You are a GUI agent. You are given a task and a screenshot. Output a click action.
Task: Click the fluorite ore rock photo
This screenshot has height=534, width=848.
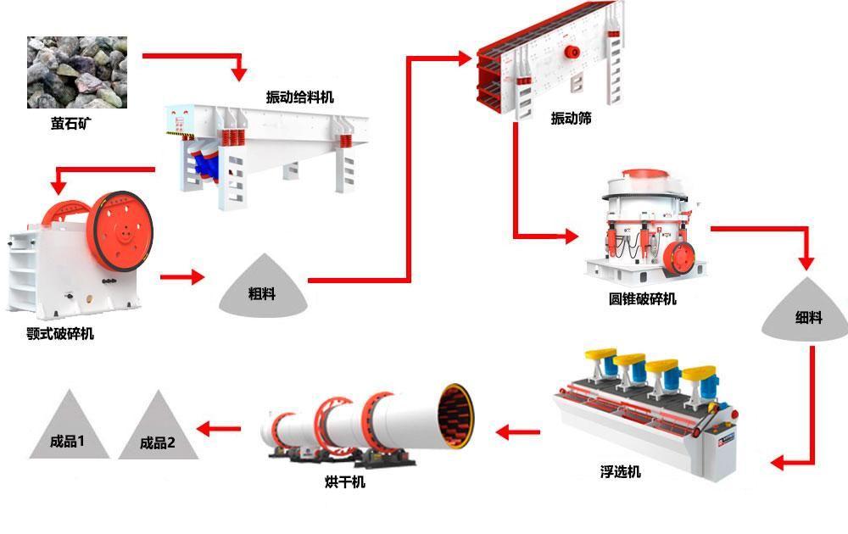(x=77, y=72)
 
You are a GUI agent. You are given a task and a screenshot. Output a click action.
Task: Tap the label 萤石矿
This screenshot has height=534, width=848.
(x=71, y=124)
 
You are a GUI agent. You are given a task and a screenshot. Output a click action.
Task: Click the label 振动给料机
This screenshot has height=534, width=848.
(x=299, y=97)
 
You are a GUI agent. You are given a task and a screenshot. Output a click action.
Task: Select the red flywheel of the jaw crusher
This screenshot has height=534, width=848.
(x=123, y=231)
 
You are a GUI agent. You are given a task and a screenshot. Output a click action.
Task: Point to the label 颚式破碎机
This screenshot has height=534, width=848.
(x=60, y=333)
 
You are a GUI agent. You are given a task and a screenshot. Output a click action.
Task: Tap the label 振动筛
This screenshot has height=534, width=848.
(x=571, y=118)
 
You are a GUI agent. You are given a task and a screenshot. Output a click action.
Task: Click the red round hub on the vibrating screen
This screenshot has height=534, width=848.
(x=572, y=52)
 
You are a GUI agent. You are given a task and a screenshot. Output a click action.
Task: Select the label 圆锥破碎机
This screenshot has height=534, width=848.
(x=643, y=299)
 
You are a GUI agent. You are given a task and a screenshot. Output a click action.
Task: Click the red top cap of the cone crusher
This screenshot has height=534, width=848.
(x=645, y=175)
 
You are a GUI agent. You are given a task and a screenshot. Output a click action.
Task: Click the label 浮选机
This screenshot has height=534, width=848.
(x=621, y=472)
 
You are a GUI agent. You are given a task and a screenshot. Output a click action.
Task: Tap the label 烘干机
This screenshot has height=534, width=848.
(x=345, y=481)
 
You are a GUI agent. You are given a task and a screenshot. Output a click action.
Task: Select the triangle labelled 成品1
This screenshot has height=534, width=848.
(x=70, y=425)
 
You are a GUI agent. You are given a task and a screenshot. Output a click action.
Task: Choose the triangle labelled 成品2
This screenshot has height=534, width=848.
(x=158, y=425)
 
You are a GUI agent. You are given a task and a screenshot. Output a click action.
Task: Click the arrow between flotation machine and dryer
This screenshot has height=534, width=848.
(x=517, y=431)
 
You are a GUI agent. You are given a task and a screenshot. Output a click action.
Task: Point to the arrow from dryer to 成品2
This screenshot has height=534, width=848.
(x=219, y=429)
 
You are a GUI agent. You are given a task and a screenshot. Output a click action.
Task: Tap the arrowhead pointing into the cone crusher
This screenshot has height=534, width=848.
(x=572, y=236)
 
